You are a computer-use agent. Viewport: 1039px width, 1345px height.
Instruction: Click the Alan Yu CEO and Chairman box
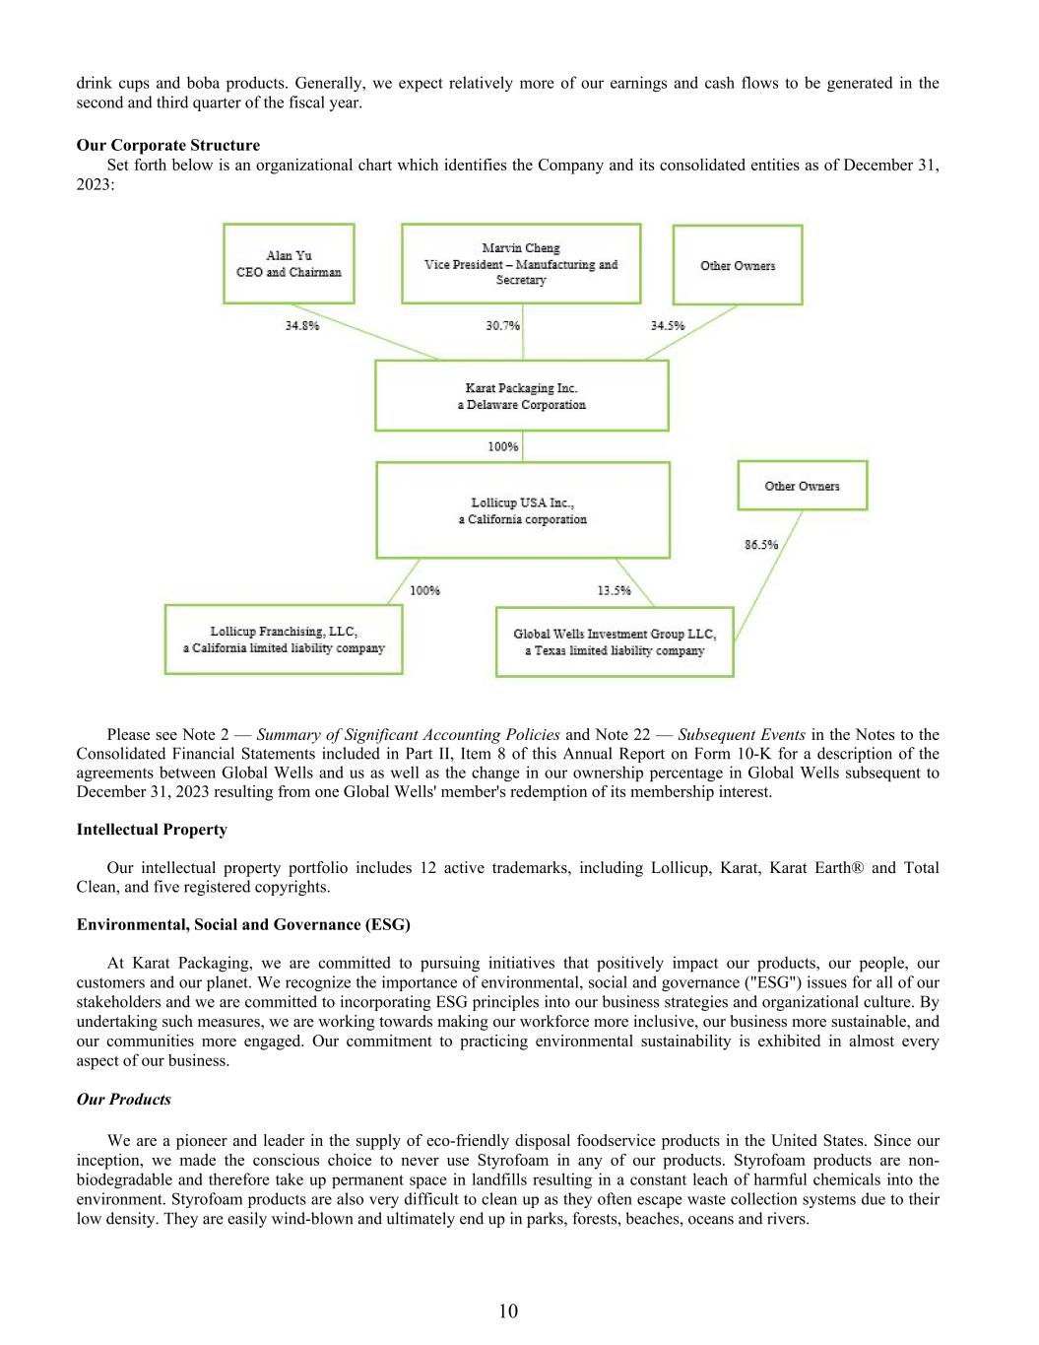pos(289,264)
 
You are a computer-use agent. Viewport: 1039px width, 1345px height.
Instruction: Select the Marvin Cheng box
pos(521,264)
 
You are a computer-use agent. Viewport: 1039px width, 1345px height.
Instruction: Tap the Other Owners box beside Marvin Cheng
pos(738,265)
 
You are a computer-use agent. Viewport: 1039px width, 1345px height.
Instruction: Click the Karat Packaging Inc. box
pos(522,396)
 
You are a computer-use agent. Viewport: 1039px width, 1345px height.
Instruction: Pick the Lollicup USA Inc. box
pos(523,510)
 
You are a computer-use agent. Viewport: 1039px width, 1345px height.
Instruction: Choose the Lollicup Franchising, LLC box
pos(284,639)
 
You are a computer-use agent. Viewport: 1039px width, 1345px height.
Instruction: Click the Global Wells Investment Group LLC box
pos(615,642)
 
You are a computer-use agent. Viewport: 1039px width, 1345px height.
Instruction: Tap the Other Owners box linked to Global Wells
pos(803,486)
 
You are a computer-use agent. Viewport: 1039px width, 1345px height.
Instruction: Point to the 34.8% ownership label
pos(302,326)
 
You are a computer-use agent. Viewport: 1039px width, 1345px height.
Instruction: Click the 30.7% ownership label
pos(502,326)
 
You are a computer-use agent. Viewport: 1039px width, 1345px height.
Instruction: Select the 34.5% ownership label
pos(667,326)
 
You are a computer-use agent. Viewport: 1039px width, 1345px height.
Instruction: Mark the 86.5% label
pos(761,545)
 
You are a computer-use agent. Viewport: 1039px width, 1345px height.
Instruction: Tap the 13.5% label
pos(614,591)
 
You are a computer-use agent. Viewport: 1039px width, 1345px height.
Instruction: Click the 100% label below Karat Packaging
pos(503,447)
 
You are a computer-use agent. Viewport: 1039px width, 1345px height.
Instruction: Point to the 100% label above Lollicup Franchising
pos(424,591)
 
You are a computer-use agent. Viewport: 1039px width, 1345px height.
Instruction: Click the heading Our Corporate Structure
pos(168,146)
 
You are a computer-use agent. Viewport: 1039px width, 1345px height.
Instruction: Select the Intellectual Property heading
pos(152,830)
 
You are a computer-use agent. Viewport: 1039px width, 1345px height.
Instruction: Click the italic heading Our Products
pos(124,1100)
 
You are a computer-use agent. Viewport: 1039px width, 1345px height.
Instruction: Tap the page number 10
pos(508,1311)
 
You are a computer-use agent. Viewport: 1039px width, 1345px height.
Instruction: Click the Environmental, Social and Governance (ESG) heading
pos(243,924)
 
